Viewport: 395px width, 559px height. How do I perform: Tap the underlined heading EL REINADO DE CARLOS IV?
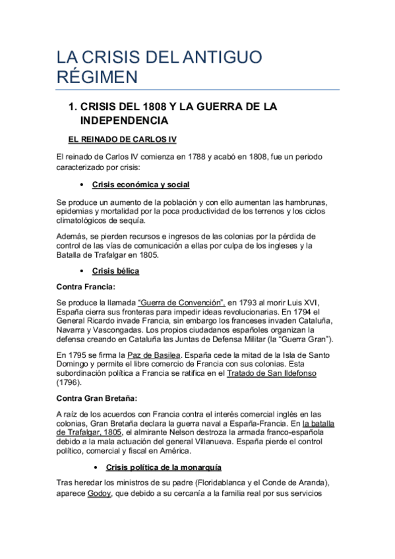pos(122,140)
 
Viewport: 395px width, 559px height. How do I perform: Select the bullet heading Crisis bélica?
pos(115,271)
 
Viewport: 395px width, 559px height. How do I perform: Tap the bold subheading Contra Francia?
pos(86,286)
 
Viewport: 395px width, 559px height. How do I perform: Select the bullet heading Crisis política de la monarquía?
pos(163,467)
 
